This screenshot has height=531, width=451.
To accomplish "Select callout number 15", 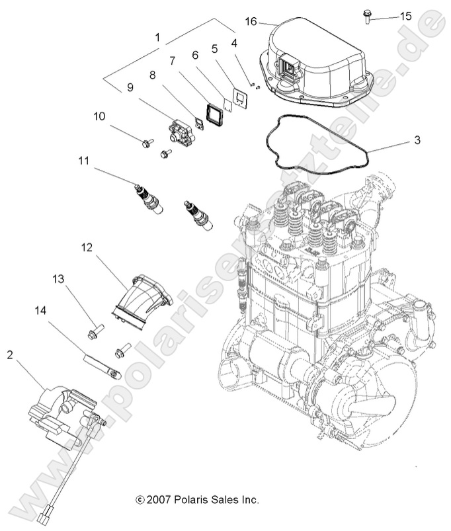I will point(405,15).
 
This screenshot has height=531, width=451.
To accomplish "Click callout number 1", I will point(157,38).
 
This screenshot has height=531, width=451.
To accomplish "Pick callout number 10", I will point(99,116).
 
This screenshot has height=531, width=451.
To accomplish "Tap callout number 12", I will point(86,247).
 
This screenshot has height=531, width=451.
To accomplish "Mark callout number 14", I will point(40,308).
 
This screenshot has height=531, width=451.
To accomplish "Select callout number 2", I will point(9,355).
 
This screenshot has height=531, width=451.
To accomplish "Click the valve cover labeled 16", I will point(317,63).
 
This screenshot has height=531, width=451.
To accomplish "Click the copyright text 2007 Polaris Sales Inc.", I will point(196,499).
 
